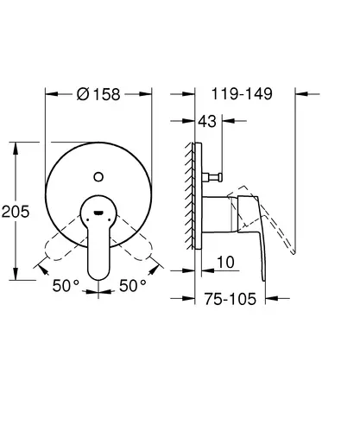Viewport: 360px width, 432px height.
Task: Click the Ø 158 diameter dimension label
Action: coord(98,94)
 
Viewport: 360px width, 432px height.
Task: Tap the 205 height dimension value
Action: coord(16,212)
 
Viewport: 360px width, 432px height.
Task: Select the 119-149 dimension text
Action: coord(242,94)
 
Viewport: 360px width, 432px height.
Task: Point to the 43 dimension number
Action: coord(207,121)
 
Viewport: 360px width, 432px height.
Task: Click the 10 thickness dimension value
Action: coord(225,263)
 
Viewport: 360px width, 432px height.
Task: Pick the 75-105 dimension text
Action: coord(231,299)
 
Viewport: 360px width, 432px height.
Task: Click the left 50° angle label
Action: coord(66,286)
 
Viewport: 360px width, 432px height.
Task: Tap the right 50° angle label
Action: coord(133,286)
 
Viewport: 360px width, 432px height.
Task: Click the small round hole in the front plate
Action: coord(98,177)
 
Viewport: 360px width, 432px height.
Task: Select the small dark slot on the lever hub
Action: coord(98,213)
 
